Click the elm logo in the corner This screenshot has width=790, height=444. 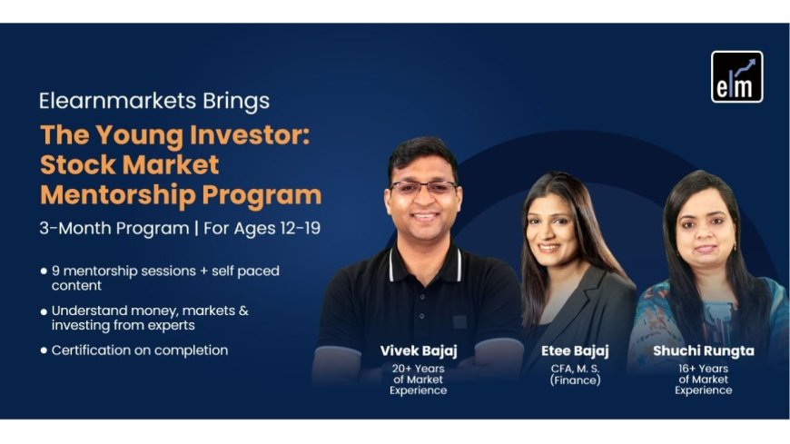tap(736, 76)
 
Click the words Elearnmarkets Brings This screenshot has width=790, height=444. tap(153, 101)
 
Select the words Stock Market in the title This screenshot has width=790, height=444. tap(129, 165)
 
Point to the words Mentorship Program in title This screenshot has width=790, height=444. tap(180, 194)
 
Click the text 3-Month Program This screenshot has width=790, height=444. tap(114, 228)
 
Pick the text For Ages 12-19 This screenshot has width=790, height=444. tap(260, 228)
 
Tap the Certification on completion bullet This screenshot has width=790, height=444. tap(139, 350)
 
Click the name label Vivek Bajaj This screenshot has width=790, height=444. tap(418, 351)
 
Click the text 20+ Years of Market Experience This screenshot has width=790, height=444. tap(418, 380)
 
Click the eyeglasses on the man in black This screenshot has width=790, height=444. tap(423, 187)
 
